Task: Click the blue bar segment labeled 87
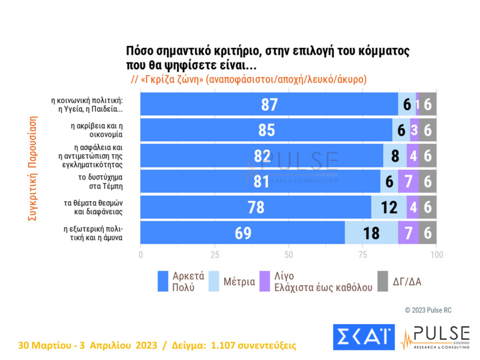269,104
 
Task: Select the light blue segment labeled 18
371,232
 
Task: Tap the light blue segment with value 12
389,207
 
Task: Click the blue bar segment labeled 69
243,232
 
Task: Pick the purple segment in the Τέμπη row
408,181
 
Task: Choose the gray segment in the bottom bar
428,232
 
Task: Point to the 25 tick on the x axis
215,255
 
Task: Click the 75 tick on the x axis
362,255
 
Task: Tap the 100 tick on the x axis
436,255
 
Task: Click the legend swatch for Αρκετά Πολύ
162,281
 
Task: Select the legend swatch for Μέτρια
213,281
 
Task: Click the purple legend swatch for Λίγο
266,281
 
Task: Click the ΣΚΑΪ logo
363,338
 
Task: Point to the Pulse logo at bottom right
435,338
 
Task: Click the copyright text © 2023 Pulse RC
428,310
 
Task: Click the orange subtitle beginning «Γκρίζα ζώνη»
249,79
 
